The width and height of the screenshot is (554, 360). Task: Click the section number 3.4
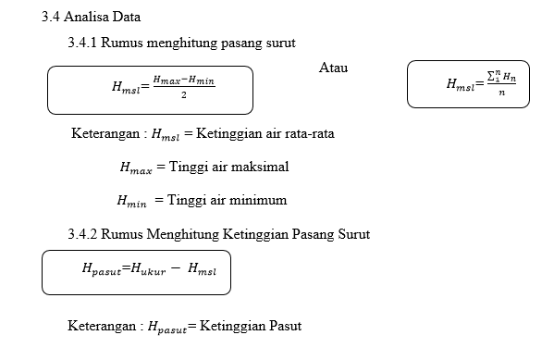(51, 18)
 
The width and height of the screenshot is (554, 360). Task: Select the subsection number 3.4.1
(82, 43)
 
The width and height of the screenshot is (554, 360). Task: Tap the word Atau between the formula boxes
(333, 68)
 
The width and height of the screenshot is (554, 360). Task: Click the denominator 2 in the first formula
(185, 95)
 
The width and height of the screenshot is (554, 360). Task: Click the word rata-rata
(306, 133)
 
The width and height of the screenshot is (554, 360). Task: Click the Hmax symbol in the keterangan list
(135, 168)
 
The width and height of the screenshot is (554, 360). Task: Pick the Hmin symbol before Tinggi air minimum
(132, 201)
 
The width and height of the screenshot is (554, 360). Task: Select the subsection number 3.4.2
(82, 234)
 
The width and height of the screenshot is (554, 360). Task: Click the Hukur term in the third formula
(147, 269)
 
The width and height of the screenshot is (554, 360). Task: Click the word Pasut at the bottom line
(283, 326)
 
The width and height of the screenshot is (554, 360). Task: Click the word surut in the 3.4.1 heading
(279, 43)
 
